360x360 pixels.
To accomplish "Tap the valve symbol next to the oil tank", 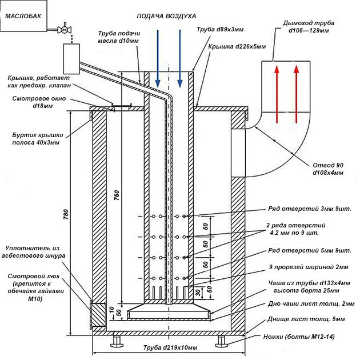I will pyautogui.click(x=67, y=29).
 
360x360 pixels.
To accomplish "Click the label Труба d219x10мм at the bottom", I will pyautogui.click(x=170, y=348).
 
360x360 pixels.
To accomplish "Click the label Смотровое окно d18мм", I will pyautogui.click(x=35, y=102).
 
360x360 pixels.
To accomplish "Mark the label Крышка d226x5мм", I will pyautogui.click(x=237, y=47).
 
